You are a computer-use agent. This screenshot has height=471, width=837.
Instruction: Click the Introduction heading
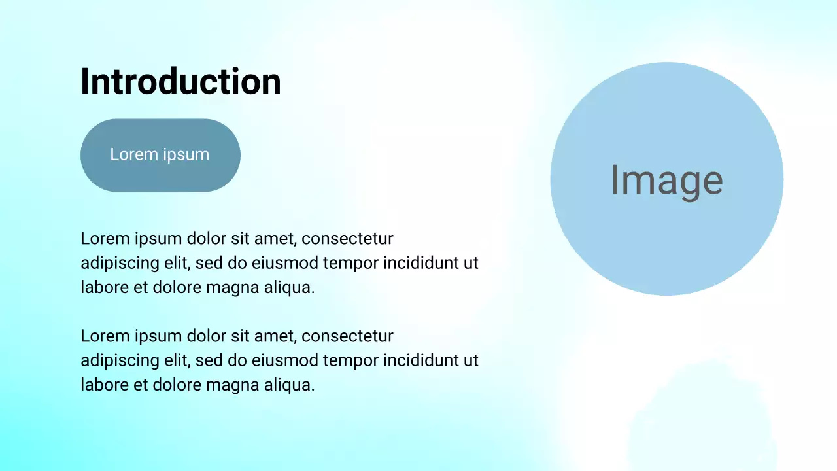[180, 82]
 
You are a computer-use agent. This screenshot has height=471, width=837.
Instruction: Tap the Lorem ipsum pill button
[160, 155]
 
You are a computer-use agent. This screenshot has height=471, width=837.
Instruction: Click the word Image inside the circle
[666, 180]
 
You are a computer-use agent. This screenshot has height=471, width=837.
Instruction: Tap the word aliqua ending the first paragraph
[292, 287]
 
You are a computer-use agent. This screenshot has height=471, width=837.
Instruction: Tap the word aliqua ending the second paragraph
[292, 385]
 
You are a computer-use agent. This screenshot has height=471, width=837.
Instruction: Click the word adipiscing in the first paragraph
[111, 264]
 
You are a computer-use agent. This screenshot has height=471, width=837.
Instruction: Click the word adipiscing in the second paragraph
[111, 361]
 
